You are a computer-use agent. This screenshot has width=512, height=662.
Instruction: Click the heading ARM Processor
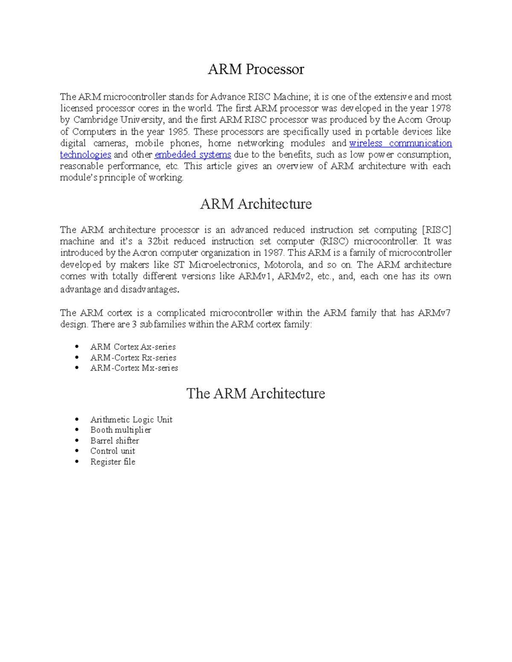pyautogui.click(x=256, y=69)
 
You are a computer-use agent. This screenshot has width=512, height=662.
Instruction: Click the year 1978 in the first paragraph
pyautogui.click(x=441, y=108)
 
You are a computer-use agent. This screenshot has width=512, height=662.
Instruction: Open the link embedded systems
pyautogui.click(x=192, y=155)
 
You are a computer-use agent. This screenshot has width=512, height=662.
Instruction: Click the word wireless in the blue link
pyautogui.click(x=366, y=143)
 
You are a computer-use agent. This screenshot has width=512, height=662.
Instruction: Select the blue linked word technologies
pyautogui.click(x=85, y=155)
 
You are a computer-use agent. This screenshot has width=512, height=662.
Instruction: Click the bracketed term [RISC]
pyautogui.click(x=436, y=230)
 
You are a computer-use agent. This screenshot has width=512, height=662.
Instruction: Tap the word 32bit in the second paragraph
pyautogui.click(x=158, y=241)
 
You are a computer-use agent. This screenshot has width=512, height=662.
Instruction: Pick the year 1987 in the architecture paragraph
pyautogui.click(x=273, y=253)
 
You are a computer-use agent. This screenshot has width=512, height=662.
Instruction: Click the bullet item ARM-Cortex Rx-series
pyautogui.click(x=133, y=358)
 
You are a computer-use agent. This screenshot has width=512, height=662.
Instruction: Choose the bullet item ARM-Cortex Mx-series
pyautogui.click(x=134, y=368)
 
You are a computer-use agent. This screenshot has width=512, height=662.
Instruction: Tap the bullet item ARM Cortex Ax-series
pyautogui.click(x=133, y=347)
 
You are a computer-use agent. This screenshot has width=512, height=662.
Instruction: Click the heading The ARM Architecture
pyautogui.click(x=256, y=393)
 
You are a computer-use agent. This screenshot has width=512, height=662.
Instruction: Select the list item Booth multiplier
pyautogui.click(x=120, y=430)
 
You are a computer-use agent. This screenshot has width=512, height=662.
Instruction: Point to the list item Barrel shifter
pyautogui.click(x=114, y=440)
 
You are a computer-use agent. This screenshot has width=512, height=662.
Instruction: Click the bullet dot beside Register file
pyautogui.click(x=77, y=461)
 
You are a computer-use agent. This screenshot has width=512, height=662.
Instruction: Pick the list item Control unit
pyautogui.click(x=112, y=451)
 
